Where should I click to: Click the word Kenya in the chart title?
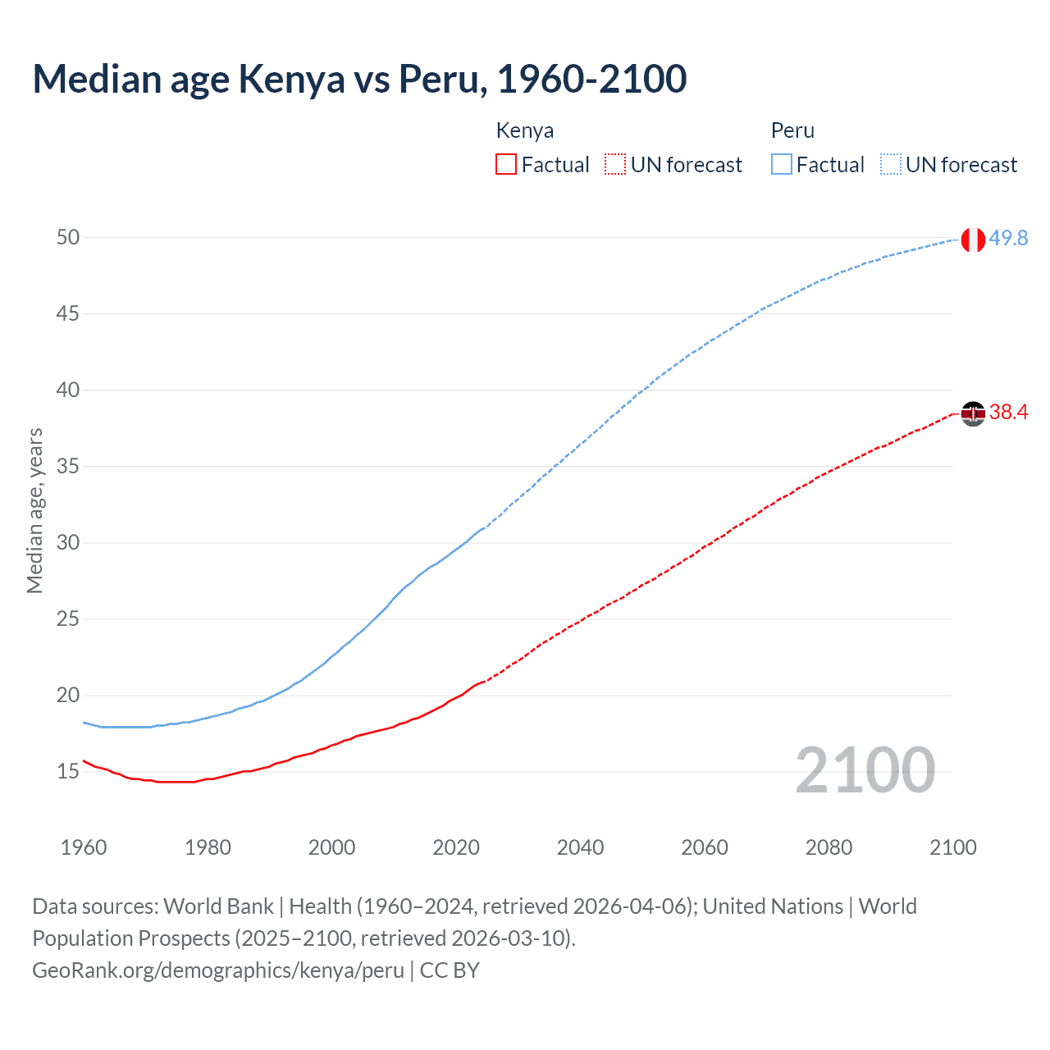[291, 80]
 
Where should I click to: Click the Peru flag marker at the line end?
[972, 240]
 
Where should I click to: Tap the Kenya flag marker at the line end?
[972, 414]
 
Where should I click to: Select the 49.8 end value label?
[1008, 238]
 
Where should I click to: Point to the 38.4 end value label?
[1008, 412]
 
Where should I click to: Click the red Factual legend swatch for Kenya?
[506, 165]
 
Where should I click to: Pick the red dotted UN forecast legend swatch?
[615, 165]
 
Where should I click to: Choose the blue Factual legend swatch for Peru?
[782, 165]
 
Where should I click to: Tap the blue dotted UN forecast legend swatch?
[891, 165]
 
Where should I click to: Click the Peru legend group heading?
[792, 130]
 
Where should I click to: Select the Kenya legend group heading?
[525, 130]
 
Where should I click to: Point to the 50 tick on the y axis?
[68, 238]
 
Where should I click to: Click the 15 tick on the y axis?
[68, 772]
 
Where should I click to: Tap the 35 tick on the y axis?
[68, 467]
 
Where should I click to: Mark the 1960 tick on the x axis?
[84, 847]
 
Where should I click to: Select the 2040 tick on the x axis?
[580, 847]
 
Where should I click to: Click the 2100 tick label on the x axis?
[952, 847]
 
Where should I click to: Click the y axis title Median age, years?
[34, 510]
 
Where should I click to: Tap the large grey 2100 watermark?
[865, 770]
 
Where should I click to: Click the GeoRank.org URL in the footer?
[218, 970]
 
